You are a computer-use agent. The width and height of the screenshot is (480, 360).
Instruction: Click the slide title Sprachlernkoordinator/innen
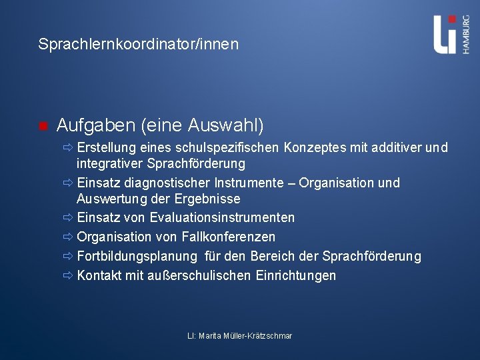point(138,45)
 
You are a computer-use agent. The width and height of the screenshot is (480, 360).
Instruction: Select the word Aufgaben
point(89,125)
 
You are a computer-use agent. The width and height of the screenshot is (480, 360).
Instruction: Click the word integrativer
point(109,163)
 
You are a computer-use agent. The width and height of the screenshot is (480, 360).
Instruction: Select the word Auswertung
point(109,199)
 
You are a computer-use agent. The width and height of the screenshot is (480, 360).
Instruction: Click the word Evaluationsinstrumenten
point(222,217)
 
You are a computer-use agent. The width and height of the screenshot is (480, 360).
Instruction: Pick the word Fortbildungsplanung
point(137,256)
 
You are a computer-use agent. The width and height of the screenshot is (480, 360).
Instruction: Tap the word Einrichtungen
point(296,275)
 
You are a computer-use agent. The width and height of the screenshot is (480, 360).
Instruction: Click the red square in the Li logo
point(453,19)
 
